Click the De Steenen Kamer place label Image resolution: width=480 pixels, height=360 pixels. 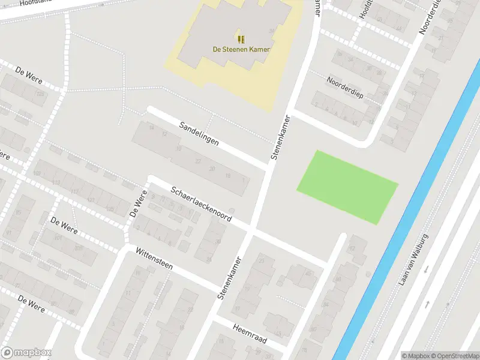241,49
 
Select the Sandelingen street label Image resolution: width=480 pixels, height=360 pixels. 199,134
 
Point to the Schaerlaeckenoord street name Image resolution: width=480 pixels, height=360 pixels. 201,204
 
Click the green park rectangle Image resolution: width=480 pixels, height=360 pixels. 347,187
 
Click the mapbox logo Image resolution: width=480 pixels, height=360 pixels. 26,353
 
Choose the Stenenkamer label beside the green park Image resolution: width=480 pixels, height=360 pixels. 280,137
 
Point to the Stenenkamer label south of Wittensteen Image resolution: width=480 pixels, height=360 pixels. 229,278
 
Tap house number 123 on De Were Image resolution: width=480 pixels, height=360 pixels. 41,94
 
